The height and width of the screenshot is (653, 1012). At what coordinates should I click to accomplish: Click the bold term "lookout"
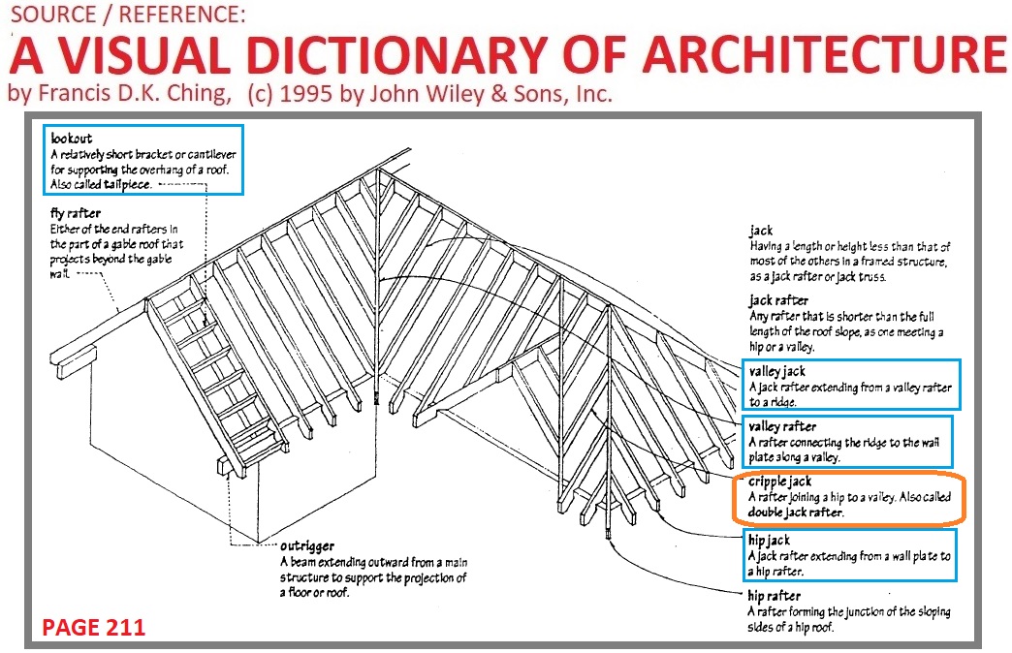(69, 140)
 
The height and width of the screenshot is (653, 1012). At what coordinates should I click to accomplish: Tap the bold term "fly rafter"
(75, 213)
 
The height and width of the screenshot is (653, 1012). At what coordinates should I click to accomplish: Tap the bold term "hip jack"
(770, 539)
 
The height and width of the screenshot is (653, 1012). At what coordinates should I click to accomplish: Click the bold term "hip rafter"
(774, 596)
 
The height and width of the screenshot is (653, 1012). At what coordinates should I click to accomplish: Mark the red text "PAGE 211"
(93, 628)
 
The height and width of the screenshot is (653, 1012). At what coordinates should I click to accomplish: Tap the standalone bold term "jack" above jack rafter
(760, 231)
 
